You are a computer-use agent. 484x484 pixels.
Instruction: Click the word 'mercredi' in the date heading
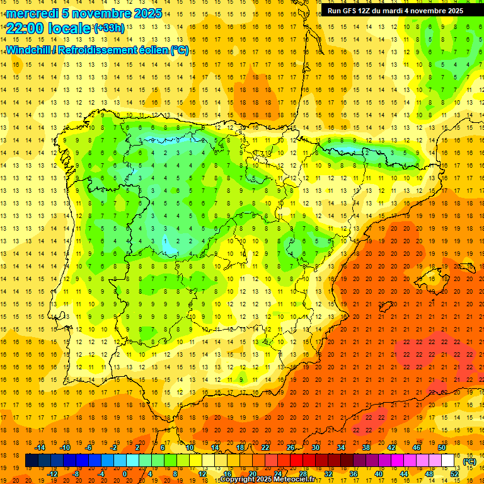click(32, 13)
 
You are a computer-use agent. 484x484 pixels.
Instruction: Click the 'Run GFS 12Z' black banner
click(395, 11)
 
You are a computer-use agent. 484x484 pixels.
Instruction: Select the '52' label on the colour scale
click(454, 474)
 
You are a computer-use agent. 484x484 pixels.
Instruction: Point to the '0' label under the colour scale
click(125, 474)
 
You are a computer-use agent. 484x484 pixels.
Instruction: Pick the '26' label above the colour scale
click(291, 447)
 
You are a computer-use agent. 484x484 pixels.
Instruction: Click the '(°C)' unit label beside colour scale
click(470, 461)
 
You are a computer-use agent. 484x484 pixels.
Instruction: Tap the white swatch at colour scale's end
click(448, 461)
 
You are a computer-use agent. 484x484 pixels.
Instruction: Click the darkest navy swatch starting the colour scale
click(32, 461)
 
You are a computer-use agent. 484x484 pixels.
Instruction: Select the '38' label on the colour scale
click(366, 447)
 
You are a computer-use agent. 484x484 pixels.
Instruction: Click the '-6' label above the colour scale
click(89, 447)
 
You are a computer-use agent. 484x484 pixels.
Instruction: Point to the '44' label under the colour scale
click(404, 474)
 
